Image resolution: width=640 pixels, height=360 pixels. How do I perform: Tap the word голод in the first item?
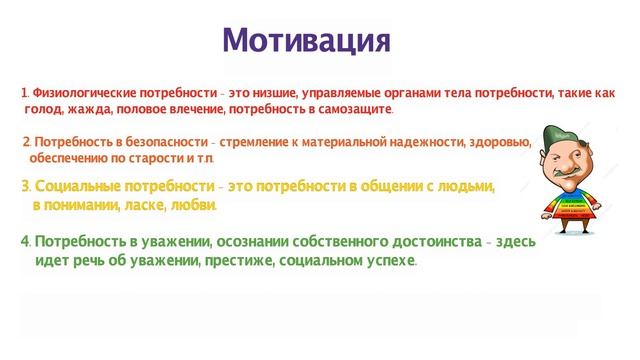tap(48, 109)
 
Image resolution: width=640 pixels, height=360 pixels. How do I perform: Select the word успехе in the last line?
tap(388, 261)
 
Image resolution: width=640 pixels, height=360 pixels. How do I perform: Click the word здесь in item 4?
tap(513, 243)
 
